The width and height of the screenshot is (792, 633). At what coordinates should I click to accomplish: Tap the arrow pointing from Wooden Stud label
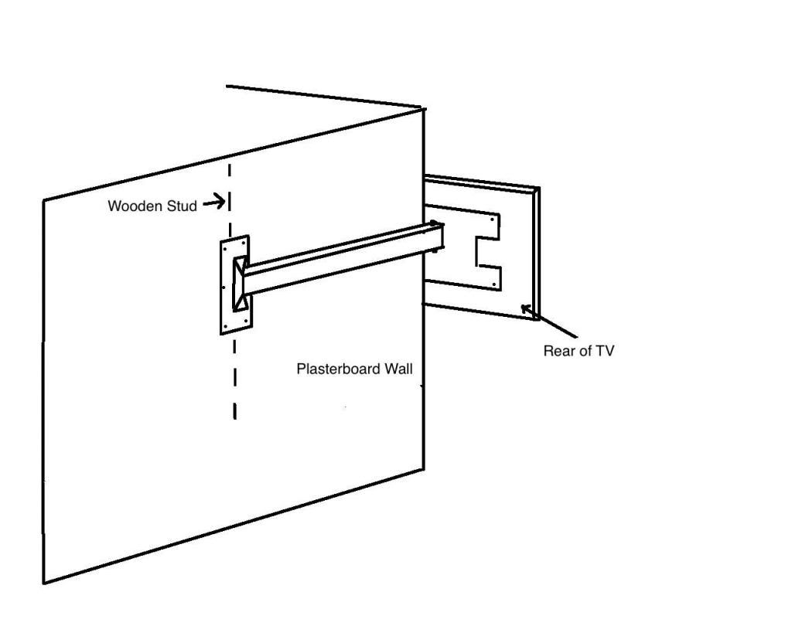point(214,202)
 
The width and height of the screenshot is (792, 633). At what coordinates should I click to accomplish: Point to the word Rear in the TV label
point(559,351)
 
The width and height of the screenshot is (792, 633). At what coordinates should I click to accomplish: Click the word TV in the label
point(605,351)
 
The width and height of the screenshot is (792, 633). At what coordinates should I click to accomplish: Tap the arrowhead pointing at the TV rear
point(526,308)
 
